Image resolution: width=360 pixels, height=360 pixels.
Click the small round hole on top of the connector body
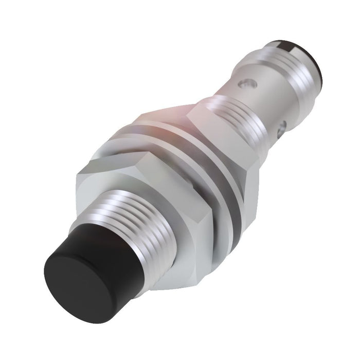[x=250, y=81]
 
